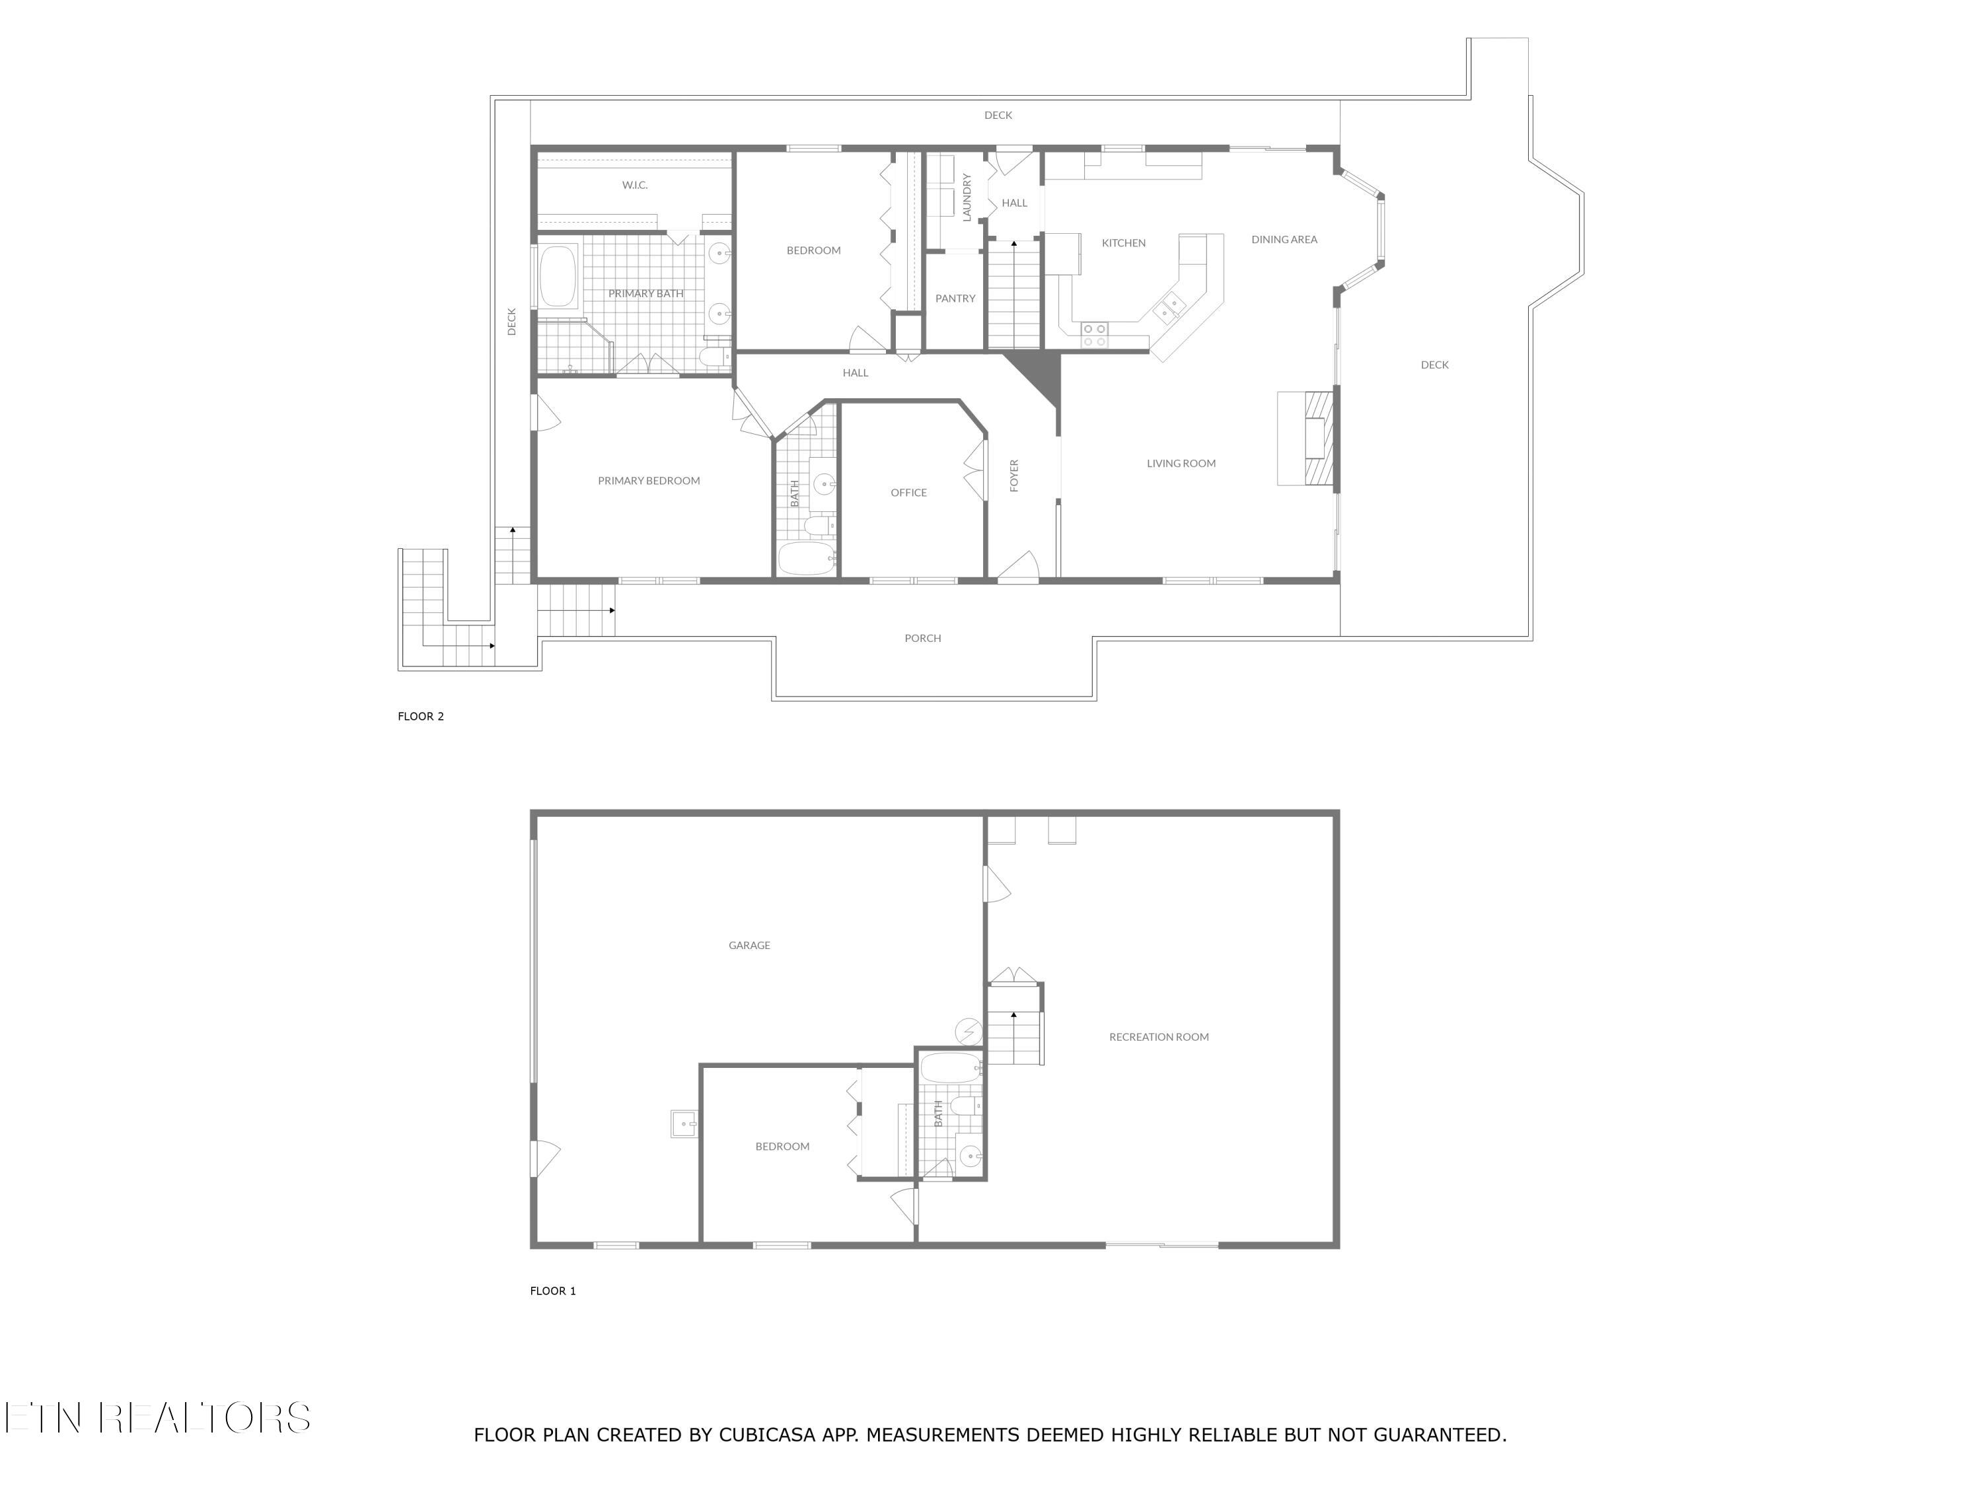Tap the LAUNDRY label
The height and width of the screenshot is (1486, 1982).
point(967,197)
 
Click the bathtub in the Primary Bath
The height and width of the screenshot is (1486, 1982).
point(558,277)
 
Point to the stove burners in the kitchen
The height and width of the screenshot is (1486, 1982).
point(1094,335)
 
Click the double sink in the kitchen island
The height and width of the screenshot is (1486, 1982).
point(1169,308)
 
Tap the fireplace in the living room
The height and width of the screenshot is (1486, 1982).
point(1315,439)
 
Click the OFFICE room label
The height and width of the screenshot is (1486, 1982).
point(908,493)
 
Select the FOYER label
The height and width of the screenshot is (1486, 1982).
point(1014,476)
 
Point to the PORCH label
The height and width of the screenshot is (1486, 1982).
point(922,639)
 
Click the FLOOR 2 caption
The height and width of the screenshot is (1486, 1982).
point(420,717)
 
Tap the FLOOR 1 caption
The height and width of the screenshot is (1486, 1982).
point(553,1291)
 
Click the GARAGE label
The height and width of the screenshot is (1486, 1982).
point(749,945)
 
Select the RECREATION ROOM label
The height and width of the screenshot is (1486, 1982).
point(1159,1038)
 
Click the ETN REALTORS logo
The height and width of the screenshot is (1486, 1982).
point(158,1418)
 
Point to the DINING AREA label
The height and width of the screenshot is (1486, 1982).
point(1284,239)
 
